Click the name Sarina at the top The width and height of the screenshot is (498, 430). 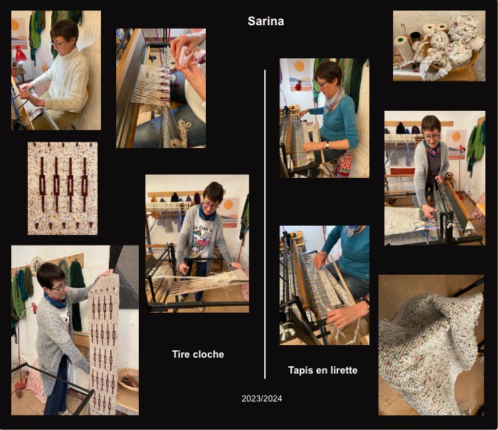click(266, 21)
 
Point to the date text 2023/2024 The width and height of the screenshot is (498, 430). click(262, 399)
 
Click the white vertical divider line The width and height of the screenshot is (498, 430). click(265, 224)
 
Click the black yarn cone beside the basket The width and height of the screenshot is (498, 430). click(415, 37)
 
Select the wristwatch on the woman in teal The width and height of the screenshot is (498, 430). click(327, 145)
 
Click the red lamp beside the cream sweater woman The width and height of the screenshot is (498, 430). click(20, 54)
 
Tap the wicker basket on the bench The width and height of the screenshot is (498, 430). click(127, 380)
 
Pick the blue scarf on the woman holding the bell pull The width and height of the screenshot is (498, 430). click(54, 301)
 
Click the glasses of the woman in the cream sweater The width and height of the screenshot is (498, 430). click(59, 44)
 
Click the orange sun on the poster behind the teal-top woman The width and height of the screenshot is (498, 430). click(299, 66)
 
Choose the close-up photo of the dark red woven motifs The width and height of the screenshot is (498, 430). click(62, 188)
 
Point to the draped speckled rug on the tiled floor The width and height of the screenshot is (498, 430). click(431, 345)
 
